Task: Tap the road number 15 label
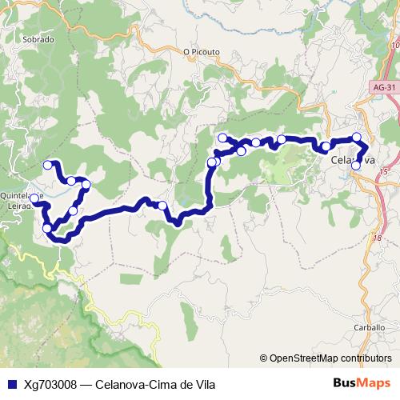point(384,172)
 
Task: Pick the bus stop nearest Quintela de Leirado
point(34,198)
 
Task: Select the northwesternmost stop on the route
point(47,165)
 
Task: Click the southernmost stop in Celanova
point(357,166)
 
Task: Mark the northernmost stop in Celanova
point(357,138)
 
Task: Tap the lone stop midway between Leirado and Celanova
point(162,206)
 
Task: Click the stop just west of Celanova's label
point(326,147)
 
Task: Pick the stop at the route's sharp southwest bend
point(47,229)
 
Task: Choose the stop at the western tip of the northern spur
point(222,138)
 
